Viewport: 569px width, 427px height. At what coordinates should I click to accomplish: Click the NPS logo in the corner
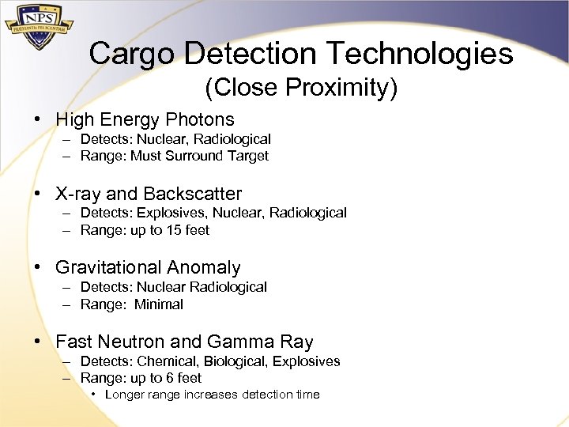[39, 28]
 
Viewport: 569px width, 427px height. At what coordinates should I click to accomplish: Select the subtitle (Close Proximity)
[301, 88]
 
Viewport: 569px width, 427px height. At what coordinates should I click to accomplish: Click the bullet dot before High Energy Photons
[37, 120]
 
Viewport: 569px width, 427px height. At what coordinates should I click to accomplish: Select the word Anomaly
[209, 268]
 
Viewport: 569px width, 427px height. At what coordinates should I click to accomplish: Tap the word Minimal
[158, 304]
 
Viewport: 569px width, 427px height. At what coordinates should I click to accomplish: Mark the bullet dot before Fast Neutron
[37, 342]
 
